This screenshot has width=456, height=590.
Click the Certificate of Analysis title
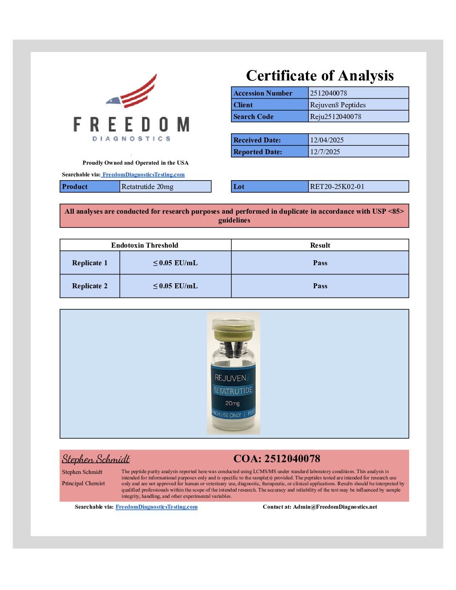pyautogui.click(x=320, y=76)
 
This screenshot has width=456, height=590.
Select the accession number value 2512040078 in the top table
pyautogui.click(x=329, y=93)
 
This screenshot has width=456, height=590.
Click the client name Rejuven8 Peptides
pyautogui.click(x=338, y=105)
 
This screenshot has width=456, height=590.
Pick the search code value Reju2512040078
pyautogui.click(x=335, y=116)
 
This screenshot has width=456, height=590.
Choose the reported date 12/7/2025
pyautogui.click(x=325, y=152)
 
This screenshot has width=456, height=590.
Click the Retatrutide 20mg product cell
pyautogui.click(x=148, y=186)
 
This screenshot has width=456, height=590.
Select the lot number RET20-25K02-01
pyautogui.click(x=337, y=186)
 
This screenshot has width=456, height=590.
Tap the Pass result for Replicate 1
pyautogui.click(x=320, y=263)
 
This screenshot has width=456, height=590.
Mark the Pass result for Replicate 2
pyautogui.click(x=320, y=286)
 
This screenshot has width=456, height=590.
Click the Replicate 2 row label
pyautogui.click(x=90, y=286)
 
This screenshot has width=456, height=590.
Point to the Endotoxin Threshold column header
pyautogui.click(x=145, y=245)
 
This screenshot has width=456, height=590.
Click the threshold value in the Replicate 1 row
pyautogui.click(x=175, y=263)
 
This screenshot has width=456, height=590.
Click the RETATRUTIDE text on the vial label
pyautogui.click(x=233, y=391)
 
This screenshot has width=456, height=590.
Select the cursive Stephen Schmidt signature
pyautogui.click(x=96, y=459)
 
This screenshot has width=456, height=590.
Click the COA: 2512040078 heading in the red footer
pyautogui.click(x=277, y=458)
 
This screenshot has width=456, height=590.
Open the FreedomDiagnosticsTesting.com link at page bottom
pyautogui.click(x=156, y=507)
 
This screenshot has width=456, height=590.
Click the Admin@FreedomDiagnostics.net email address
pyautogui.click(x=335, y=507)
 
